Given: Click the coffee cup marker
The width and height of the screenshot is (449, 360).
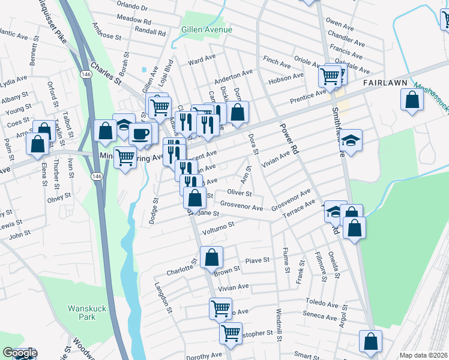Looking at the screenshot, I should coord(140,133).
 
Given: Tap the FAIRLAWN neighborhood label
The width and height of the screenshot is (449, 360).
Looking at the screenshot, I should coord(385,83).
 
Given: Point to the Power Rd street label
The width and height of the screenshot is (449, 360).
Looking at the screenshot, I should coord(289,137).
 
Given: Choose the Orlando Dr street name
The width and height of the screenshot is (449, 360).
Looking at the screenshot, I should coord(133,7).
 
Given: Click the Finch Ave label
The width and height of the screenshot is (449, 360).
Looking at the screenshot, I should coord(276,60).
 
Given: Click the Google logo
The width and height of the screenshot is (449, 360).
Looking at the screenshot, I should coord(20,353).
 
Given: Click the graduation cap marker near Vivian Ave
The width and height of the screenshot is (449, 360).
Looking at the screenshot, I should coord(352,140).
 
